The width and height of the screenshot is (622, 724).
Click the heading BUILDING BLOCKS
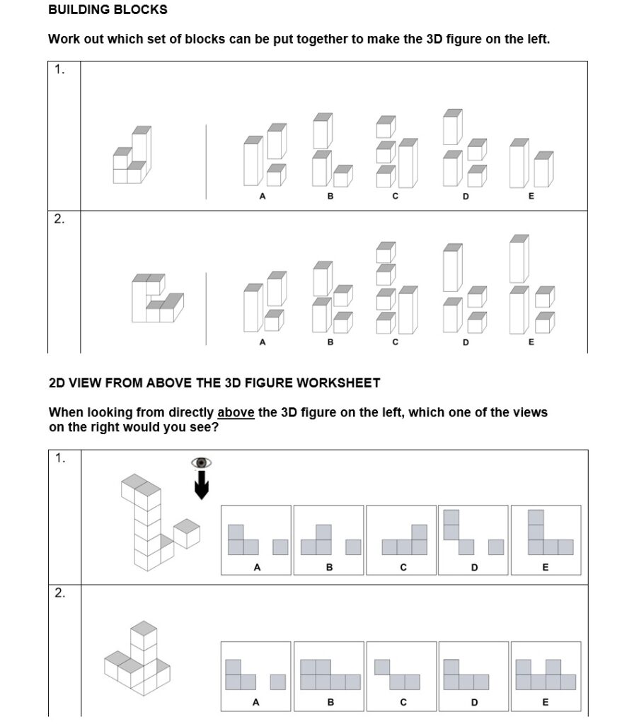tap(108, 10)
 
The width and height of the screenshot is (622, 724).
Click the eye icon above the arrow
tap(202, 462)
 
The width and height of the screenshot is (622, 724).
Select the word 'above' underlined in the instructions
tap(236, 412)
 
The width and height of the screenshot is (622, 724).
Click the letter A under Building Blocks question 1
tap(262, 197)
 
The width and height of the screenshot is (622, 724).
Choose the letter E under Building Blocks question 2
tap(531, 342)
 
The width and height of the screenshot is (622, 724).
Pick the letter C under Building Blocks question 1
tap(395, 197)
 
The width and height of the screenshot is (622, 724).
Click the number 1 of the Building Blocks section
tap(59, 69)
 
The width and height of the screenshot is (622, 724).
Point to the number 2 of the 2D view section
tap(60, 593)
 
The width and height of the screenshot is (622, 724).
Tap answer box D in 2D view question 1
tap(473, 539)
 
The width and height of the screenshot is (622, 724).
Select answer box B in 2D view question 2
tap(329, 676)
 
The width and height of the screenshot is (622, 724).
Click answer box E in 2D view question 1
tap(546, 539)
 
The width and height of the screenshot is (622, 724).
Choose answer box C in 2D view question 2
tap(401, 676)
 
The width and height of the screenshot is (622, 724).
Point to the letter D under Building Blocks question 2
tap(465, 342)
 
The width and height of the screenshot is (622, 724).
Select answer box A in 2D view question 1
tap(256, 539)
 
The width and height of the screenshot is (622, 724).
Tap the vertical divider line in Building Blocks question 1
tap(207, 162)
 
